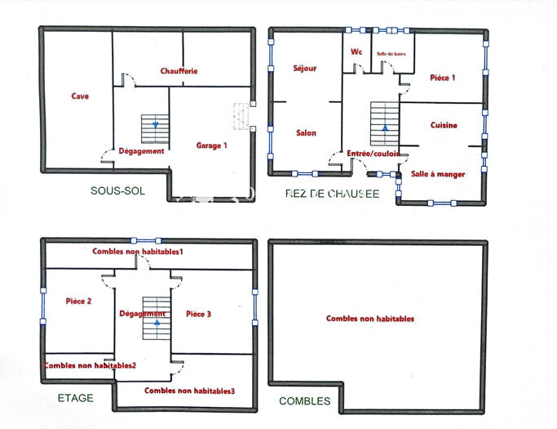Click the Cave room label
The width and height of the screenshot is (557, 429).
[79, 96]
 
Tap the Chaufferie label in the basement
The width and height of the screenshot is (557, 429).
[179, 71]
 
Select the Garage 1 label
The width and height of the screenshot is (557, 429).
[211, 145]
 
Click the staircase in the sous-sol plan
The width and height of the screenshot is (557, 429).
[154, 128]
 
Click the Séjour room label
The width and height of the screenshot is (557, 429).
[304, 69]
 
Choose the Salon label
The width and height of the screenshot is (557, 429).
[306, 133]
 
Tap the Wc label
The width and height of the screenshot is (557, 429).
[356, 51]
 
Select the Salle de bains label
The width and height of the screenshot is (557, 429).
[391, 54]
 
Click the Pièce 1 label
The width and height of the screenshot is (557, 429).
[442, 78]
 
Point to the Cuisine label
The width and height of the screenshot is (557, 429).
[444, 126]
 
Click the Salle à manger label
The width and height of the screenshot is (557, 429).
[438, 174]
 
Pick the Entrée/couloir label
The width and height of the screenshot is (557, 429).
[373, 154]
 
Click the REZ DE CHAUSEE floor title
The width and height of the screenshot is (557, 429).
[332, 194]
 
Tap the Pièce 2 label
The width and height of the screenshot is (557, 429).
[77, 301]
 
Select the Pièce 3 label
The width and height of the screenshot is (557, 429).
[199, 314]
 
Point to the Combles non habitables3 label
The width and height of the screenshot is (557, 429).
[189, 391]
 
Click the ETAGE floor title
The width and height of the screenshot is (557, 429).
[75, 398]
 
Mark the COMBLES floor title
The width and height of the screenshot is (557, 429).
[304, 401]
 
